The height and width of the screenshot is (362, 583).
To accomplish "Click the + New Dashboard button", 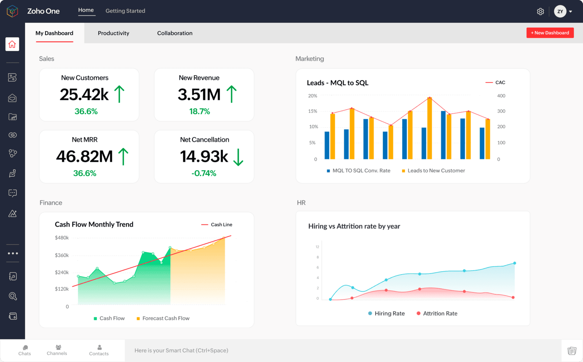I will (550, 33).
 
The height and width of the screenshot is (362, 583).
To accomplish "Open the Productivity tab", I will (113, 33).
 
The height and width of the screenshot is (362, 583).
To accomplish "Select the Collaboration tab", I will (175, 33).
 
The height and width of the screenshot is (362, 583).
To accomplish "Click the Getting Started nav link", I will (125, 11).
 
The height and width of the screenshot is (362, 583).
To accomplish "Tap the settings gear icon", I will (540, 12).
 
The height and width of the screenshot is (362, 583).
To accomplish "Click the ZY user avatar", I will (560, 12).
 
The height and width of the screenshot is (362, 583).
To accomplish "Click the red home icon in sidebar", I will (12, 44).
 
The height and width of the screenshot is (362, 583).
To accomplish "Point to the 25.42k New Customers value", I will (84, 95).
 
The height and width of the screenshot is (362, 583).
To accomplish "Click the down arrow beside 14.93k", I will (238, 157).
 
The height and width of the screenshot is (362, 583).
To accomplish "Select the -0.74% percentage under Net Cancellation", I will (204, 173).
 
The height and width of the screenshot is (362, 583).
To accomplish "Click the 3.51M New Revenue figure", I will (199, 95).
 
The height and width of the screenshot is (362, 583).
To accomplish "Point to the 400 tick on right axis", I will (501, 96).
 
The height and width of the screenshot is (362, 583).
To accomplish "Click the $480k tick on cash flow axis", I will (62, 238).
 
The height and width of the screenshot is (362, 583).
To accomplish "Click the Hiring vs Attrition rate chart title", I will (354, 226).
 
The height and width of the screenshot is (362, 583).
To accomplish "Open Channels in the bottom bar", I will (57, 350).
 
